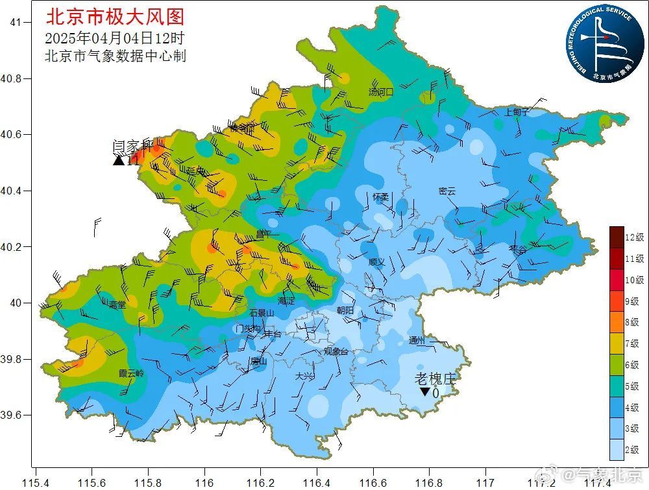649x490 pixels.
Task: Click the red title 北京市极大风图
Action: [x=115, y=16]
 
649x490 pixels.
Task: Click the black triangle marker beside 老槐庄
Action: [x=424, y=391]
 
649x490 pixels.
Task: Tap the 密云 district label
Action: [x=447, y=191]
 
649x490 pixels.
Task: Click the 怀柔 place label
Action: [x=381, y=196]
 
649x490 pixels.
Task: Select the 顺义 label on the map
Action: [x=376, y=262]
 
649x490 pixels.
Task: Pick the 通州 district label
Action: [x=417, y=341]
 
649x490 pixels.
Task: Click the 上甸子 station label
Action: [x=517, y=112]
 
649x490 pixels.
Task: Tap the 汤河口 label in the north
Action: [x=381, y=92]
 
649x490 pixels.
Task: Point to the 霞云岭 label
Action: [x=131, y=374]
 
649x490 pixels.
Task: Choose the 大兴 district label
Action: [x=303, y=376]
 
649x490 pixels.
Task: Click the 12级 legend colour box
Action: [x=616, y=237]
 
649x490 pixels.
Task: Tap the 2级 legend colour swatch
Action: [x=616, y=449]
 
